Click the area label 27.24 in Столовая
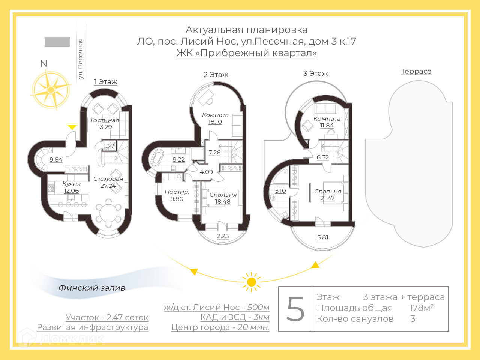click(108, 186)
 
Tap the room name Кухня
click(71, 184)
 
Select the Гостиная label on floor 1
click(105, 120)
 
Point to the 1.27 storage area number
click(109, 146)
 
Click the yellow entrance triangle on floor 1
click(72, 127)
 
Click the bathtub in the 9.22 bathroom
click(157, 158)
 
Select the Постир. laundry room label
click(177, 192)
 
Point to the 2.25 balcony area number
click(223, 236)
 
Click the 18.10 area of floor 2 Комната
click(215, 122)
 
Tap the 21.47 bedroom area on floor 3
click(327, 198)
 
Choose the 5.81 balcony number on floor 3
click(322, 237)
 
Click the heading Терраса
click(416, 71)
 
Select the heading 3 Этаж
click(315, 73)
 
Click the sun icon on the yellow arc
click(251, 282)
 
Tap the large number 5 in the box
click(295, 309)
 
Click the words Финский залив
click(92, 288)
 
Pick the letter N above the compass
click(43, 63)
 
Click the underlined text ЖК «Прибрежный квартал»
click(246, 53)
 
